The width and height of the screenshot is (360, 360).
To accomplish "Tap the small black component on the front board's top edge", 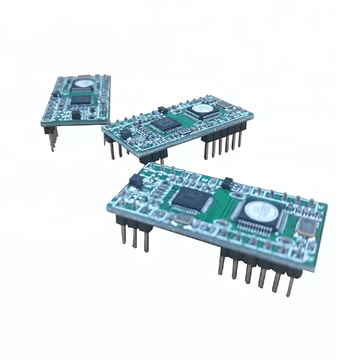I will [228, 183].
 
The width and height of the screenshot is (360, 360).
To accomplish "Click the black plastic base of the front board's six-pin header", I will [256, 258].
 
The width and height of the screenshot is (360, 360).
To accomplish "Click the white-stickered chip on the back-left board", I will [84, 84].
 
